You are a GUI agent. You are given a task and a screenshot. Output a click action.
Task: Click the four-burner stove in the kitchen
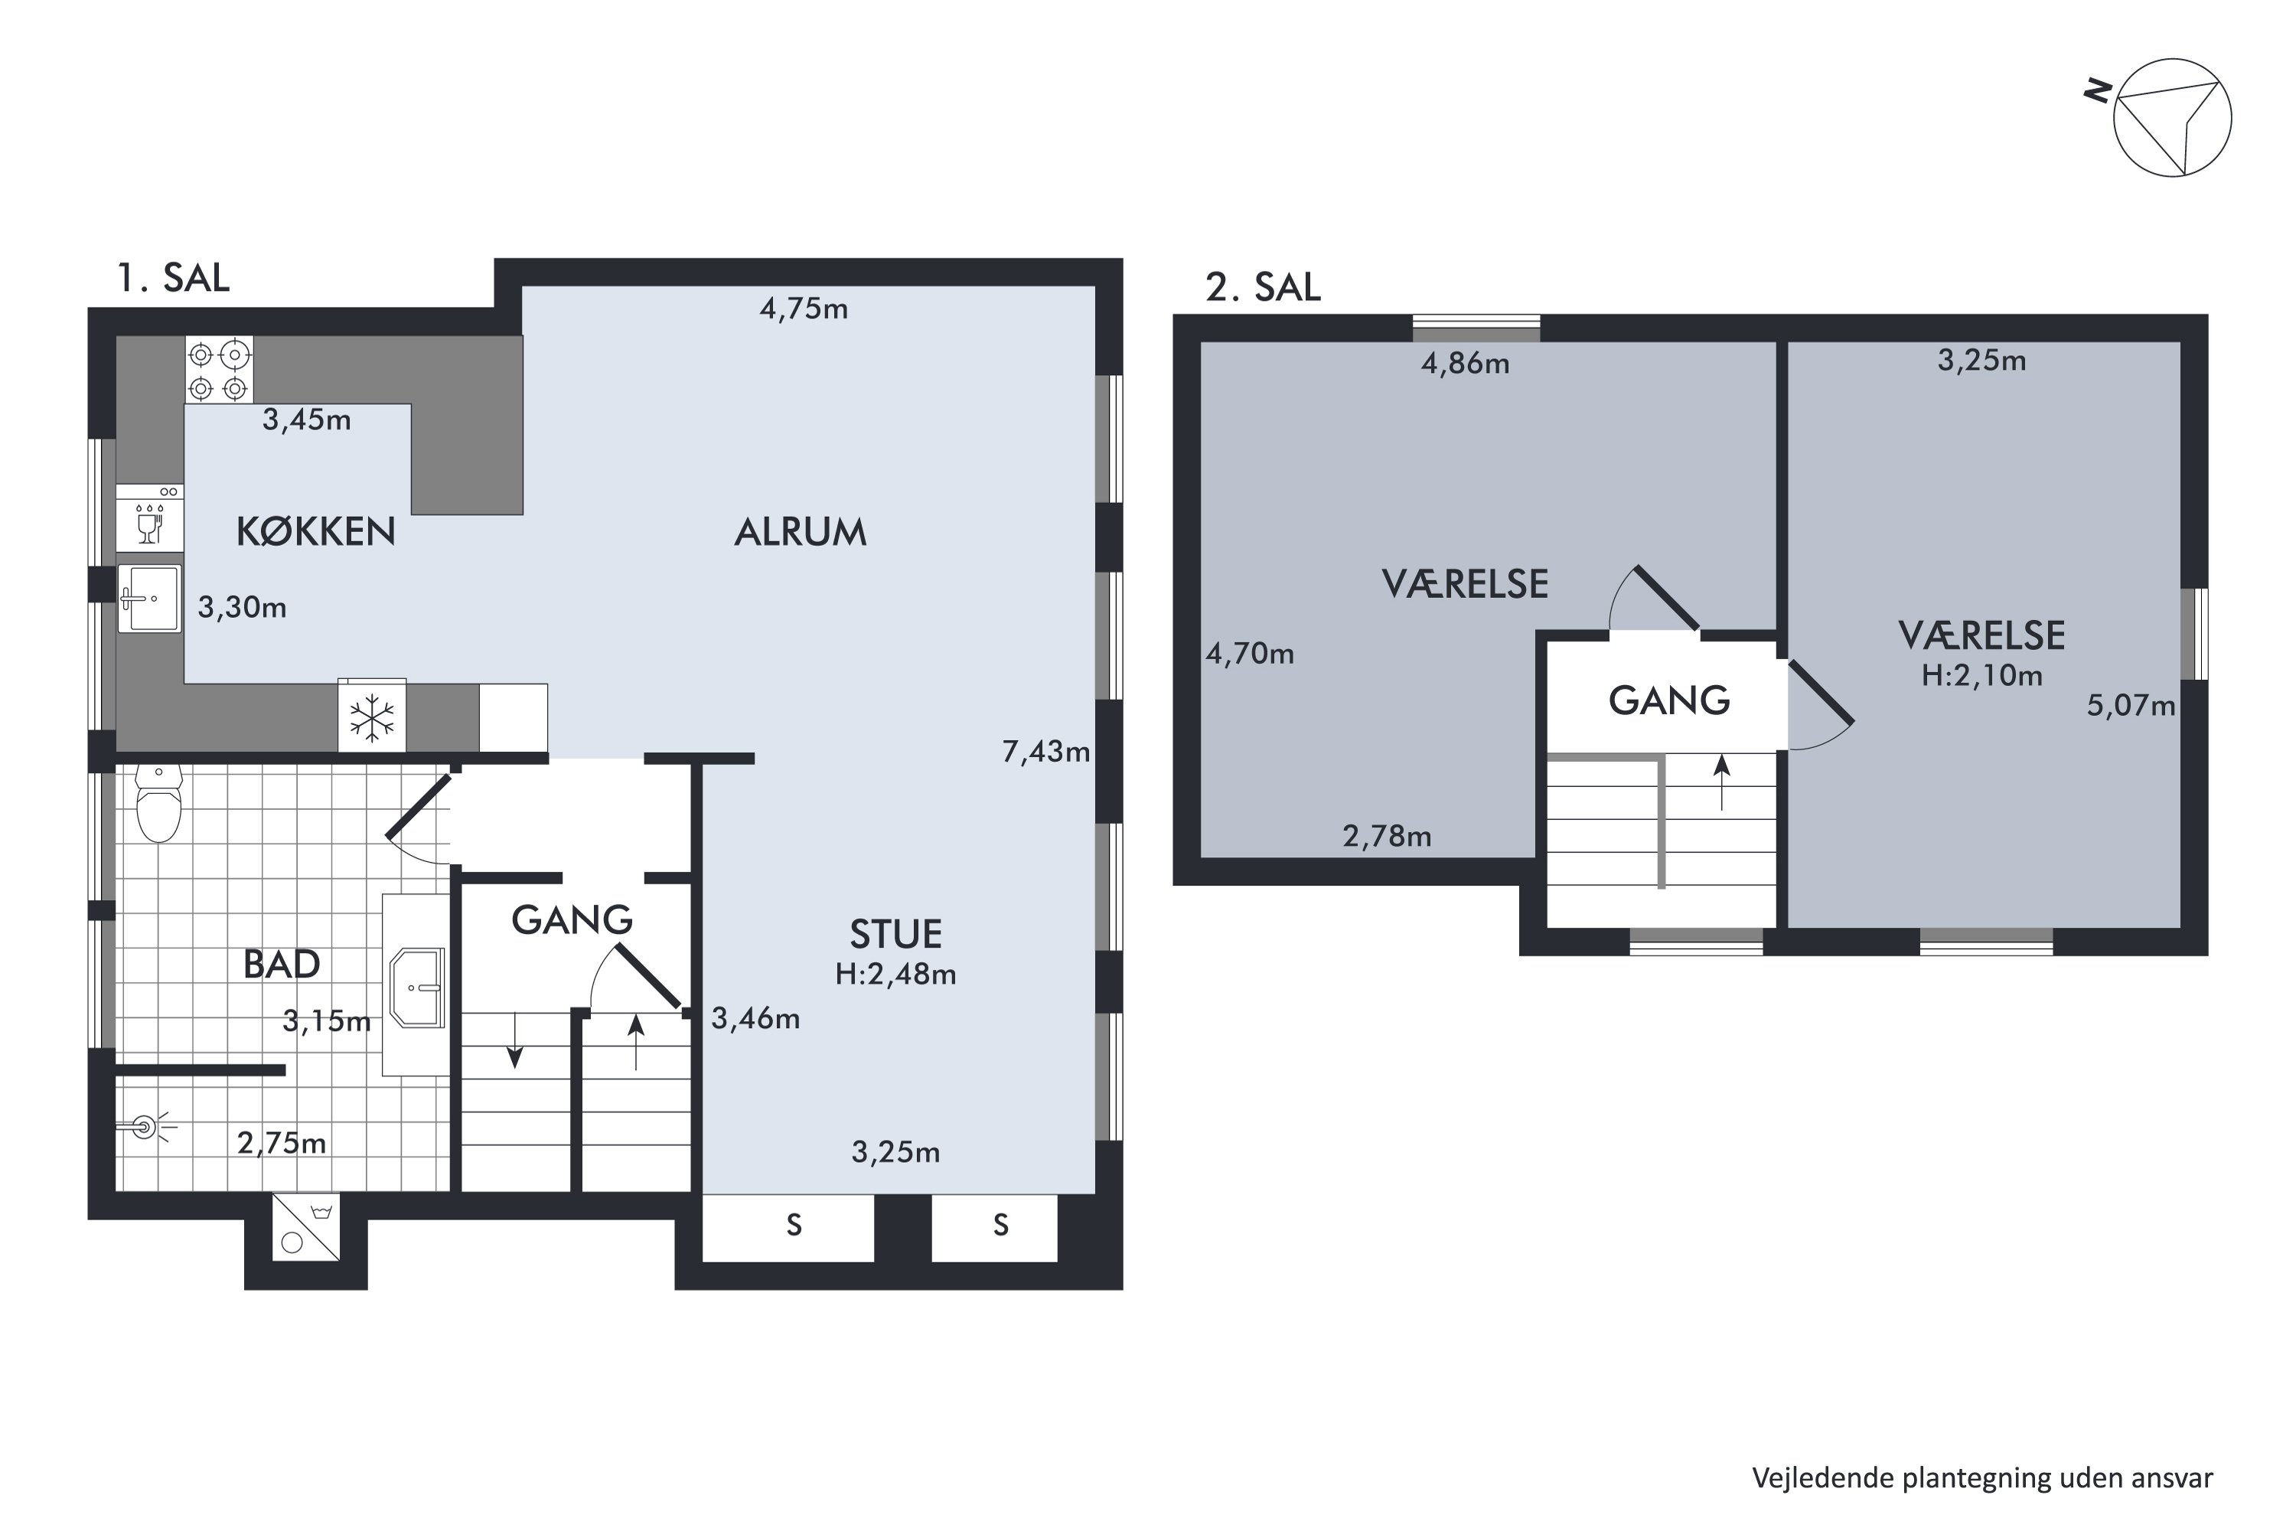click(x=219, y=369)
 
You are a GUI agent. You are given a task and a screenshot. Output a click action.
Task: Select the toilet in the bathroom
click(x=158, y=802)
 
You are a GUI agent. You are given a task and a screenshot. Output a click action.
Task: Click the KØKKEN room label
click(x=315, y=531)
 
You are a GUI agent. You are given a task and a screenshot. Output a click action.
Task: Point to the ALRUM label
click(x=801, y=532)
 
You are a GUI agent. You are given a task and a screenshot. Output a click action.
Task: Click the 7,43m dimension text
click(x=1045, y=752)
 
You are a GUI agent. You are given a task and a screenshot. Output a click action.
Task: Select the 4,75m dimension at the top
click(x=804, y=309)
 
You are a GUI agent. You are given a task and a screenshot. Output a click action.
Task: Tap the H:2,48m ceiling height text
click(x=895, y=974)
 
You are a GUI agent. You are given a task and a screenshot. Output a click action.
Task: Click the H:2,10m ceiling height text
click(x=1981, y=676)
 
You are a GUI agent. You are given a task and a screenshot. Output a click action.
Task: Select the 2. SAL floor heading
click(x=1264, y=287)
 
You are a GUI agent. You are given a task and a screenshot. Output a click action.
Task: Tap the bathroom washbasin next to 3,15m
click(x=418, y=988)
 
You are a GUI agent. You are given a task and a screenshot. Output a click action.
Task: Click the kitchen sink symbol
click(x=149, y=598)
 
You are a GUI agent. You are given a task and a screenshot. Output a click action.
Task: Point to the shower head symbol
click(x=146, y=1128)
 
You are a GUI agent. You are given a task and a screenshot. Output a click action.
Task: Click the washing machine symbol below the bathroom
click(x=305, y=1227)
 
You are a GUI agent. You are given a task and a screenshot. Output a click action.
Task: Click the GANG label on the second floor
click(x=1669, y=701)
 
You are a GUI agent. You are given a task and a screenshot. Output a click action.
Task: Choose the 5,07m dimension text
click(x=2131, y=706)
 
